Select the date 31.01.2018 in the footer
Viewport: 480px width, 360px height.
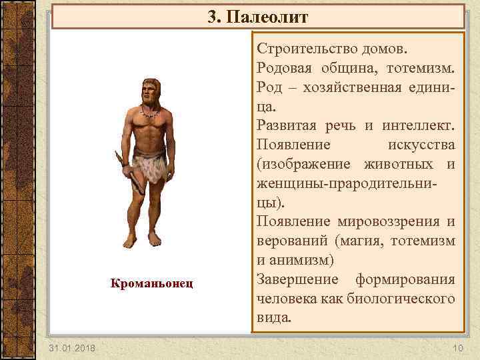71,348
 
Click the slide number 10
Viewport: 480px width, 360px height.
457,348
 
